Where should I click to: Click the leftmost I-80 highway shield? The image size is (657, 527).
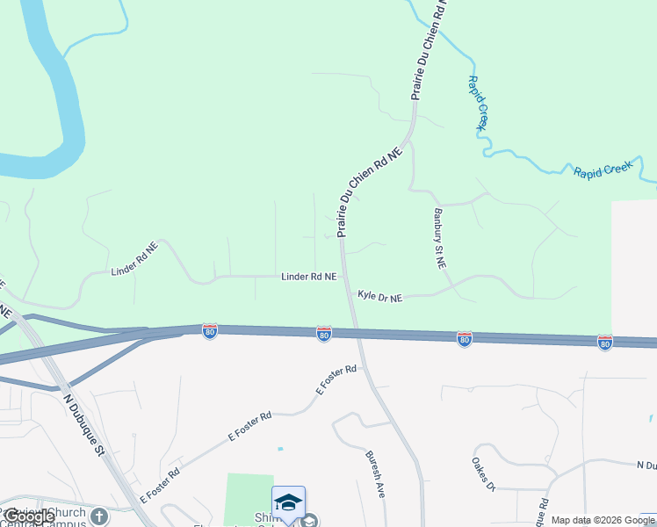209,330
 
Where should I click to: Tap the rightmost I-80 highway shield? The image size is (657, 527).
604,342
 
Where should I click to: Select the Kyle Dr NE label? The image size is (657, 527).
379,299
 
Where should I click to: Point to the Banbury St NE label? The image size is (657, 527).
439,237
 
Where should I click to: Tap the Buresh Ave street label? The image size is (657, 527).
375,474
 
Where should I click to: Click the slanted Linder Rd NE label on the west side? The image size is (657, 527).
134,260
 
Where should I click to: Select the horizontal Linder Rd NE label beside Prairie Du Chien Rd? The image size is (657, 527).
308,277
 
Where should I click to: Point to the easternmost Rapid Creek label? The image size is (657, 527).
603,170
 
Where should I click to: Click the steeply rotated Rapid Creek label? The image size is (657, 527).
477,103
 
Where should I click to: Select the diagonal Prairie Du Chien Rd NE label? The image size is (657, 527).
369,192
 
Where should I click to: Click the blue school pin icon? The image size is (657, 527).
288,503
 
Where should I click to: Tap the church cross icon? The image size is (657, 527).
98,516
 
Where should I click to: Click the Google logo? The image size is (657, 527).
29,517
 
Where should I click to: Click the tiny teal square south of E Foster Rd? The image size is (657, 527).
280,449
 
